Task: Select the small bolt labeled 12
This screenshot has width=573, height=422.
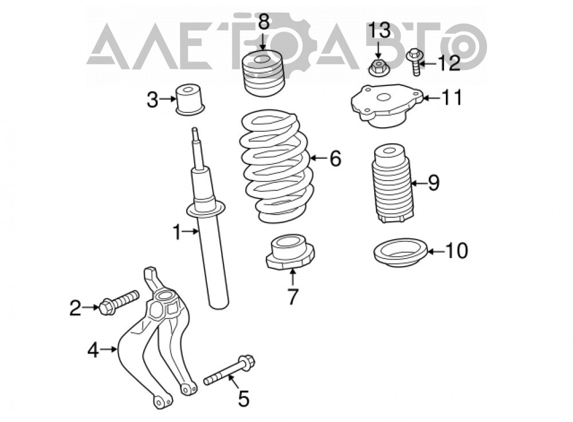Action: pyautogui.click(x=415, y=62)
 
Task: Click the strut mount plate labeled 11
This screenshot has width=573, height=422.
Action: pyautogui.click(x=387, y=106)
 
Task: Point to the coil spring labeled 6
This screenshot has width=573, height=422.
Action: pyautogui.click(x=277, y=166)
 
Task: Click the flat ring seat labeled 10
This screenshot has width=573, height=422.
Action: pyautogui.click(x=401, y=253)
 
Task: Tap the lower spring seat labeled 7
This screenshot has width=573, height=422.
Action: pyautogui.click(x=291, y=253)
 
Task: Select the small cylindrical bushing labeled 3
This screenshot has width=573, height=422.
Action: pyautogui.click(x=190, y=99)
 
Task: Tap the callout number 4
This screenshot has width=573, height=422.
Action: pyautogui.click(x=93, y=351)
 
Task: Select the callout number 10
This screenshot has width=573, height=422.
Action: pyautogui.click(x=457, y=251)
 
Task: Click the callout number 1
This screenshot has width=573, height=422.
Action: pyautogui.click(x=177, y=232)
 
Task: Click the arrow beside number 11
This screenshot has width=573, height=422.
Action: pyautogui.click(x=431, y=98)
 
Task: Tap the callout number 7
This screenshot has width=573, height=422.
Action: pyautogui.click(x=293, y=296)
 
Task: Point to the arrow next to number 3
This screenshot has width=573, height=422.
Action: pyautogui.click(x=168, y=99)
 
